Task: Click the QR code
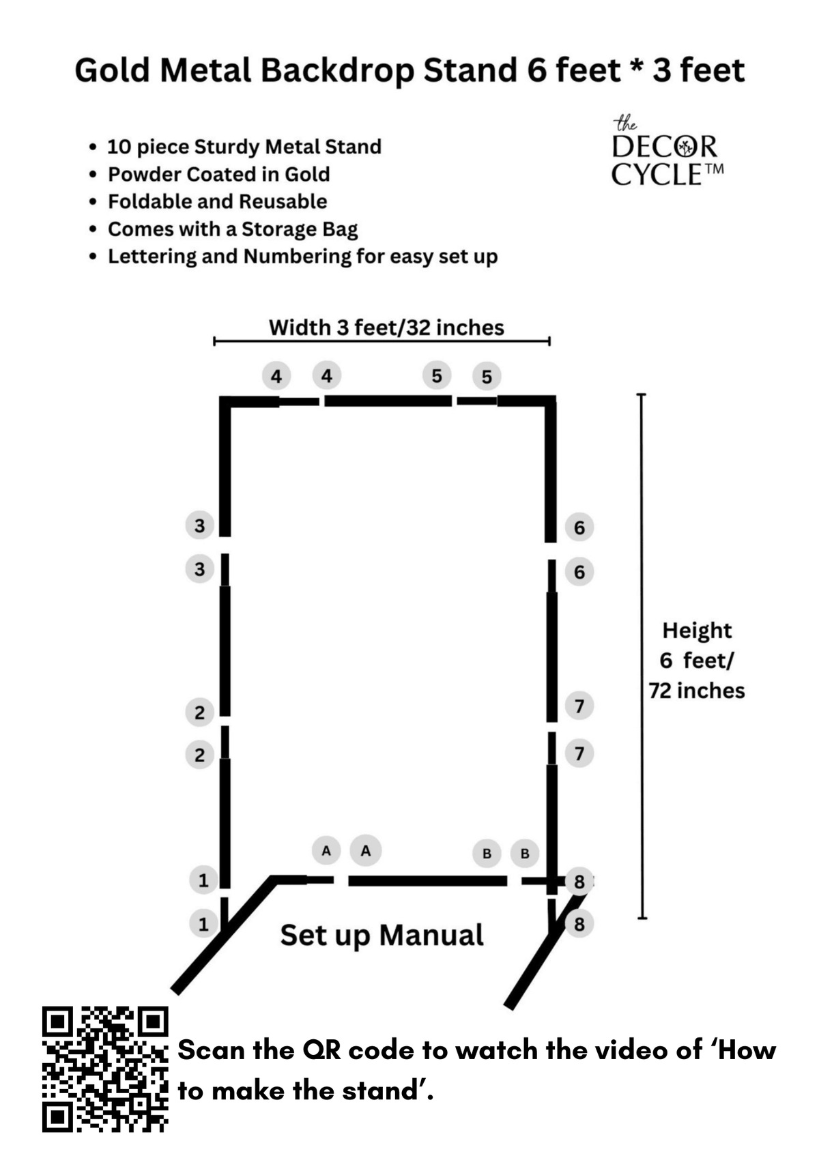(105, 1069)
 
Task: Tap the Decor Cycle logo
(666, 154)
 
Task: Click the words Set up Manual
(382, 936)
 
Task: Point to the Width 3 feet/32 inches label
(386, 328)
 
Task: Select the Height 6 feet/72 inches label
(696, 661)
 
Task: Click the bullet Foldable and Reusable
(217, 202)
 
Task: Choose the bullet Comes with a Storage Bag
(232, 229)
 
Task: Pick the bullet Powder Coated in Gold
(218, 175)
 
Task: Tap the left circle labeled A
(326, 851)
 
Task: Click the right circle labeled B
(525, 854)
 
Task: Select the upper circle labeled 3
(199, 526)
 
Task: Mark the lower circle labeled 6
(579, 572)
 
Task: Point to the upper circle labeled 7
(579, 706)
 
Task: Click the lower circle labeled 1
(203, 924)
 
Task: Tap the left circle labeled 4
(276, 376)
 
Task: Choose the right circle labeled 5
(487, 377)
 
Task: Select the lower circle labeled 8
(579, 924)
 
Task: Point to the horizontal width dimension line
(382, 341)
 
